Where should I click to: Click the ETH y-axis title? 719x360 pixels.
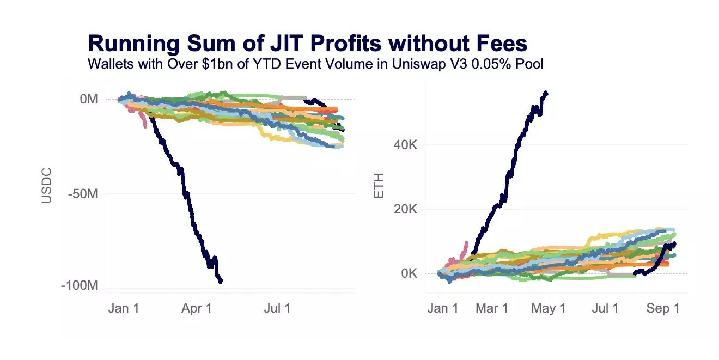(379, 186)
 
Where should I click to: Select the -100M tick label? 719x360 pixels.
(79, 286)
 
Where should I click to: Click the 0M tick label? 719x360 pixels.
(88, 99)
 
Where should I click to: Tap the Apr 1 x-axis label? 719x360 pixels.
(197, 308)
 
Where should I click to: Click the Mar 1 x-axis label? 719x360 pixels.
(492, 308)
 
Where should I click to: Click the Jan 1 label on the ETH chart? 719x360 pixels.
(443, 308)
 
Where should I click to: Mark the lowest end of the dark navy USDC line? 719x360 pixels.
(221, 282)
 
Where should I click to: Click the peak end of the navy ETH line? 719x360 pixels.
(546, 93)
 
